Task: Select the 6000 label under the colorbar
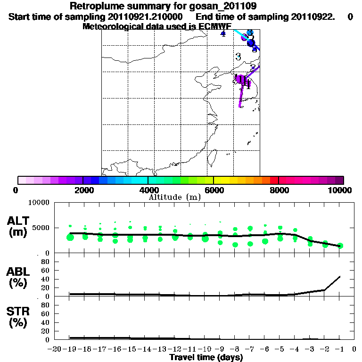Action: pyautogui.click(x=214, y=190)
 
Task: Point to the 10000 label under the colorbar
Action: pyautogui.click(x=339, y=190)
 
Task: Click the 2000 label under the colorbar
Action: pyautogui.click(x=82, y=190)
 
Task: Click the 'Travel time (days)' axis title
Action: pyautogui.click(x=206, y=357)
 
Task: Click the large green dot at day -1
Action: pyautogui.click(x=340, y=246)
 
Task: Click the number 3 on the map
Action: pyautogui.click(x=238, y=57)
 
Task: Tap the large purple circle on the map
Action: pyautogui.click(x=241, y=79)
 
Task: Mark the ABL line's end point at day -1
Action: pyautogui.click(x=340, y=276)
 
